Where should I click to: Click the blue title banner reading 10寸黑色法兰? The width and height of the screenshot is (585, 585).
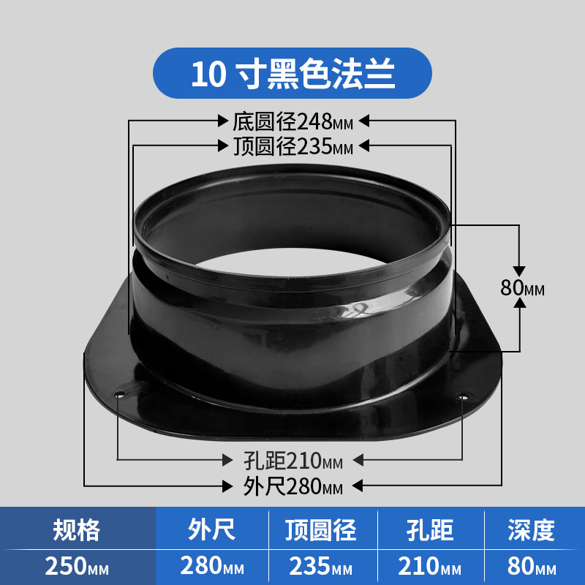[292, 73]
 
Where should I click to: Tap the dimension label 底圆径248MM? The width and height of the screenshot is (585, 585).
[293, 121]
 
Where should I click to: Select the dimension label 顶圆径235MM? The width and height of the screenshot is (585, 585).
[293, 146]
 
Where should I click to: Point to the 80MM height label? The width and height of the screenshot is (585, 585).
[522, 287]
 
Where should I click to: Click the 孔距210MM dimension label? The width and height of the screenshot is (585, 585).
[293, 461]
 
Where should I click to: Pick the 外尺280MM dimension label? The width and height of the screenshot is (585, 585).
[293, 486]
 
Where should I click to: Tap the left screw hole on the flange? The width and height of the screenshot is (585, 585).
[119, 394]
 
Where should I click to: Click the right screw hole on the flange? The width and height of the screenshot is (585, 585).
[463, 397]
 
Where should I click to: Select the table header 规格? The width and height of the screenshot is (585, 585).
[77, 529]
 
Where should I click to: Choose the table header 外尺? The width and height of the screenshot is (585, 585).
[211, 529]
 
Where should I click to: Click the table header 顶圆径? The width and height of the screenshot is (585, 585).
[321, 529]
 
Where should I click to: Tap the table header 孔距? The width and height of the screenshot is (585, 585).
[430, 529]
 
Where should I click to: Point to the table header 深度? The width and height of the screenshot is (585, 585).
[532, 529]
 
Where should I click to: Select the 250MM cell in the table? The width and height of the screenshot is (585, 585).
[77, 566]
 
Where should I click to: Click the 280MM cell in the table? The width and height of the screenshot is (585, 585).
[212, 566]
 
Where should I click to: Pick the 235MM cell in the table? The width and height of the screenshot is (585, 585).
[321, 566]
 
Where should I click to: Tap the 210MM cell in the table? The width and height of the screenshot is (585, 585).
[429, 566]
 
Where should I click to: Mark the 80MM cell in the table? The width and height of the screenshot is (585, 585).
[532, 566]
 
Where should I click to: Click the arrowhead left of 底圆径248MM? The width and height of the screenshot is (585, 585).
[223, 121]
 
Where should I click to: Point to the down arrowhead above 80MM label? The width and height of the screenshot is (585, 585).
[519, 271]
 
